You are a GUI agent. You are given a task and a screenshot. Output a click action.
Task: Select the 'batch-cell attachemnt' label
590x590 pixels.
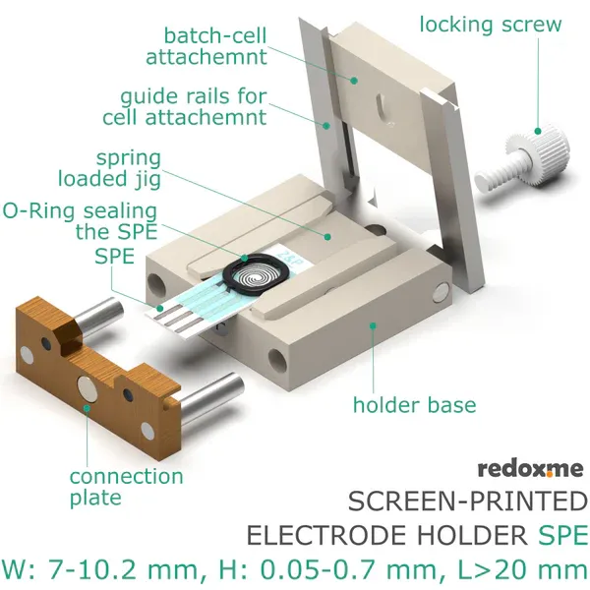click(x=206, y=45)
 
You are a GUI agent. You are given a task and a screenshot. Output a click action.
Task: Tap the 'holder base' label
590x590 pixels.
click(x=414, y=404)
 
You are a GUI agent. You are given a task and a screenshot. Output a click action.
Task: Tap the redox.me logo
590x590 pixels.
click(x=531, y=468)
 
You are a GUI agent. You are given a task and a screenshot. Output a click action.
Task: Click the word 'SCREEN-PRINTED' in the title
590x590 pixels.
click(x=467, y=502)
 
